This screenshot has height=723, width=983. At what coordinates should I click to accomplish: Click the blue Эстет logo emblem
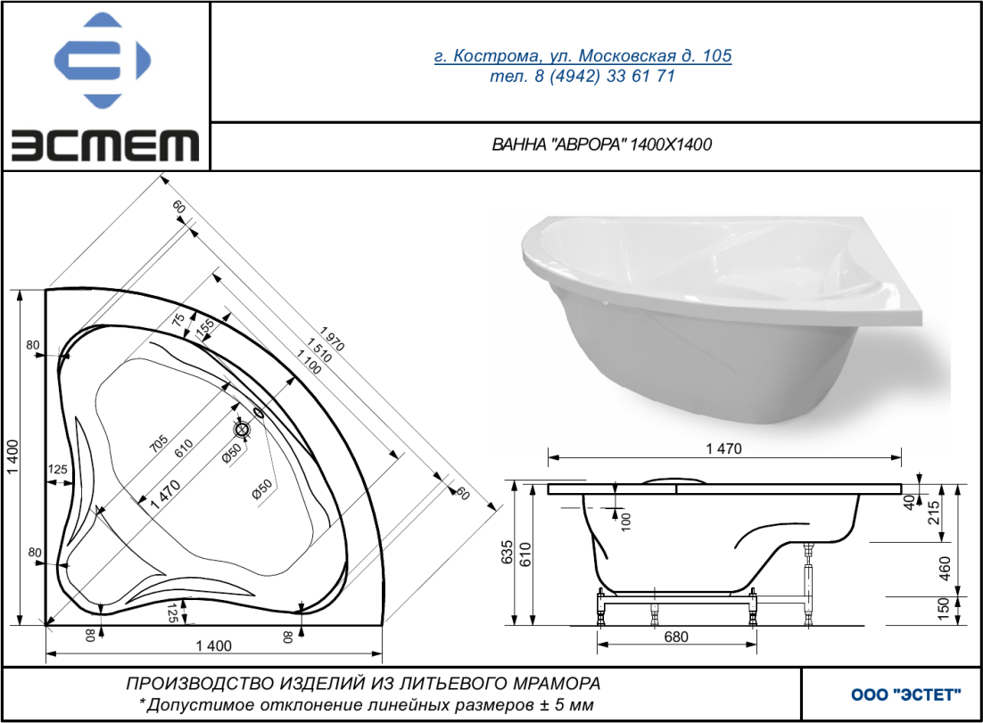click(x=103, y=60)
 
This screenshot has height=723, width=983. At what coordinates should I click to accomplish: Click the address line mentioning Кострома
click(x=583, y=56)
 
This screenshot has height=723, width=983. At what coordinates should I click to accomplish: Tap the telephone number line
click(x=582, y=77)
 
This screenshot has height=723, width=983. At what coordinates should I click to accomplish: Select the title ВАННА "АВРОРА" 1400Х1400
click(x=602, y=144)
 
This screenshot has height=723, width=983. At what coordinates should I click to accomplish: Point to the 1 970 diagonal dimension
click(x=332, y=339)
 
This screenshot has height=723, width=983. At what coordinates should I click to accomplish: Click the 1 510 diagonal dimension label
click(x=319, y=349)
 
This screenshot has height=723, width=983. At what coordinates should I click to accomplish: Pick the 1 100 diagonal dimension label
click(x=309, y=362)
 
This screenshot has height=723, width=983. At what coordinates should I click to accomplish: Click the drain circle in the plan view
click(x=242, y=429)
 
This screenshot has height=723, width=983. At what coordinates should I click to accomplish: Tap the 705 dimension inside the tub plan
click(x=159, y=444)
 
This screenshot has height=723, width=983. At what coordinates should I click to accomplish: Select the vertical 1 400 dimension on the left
click(x=13, y=457)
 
